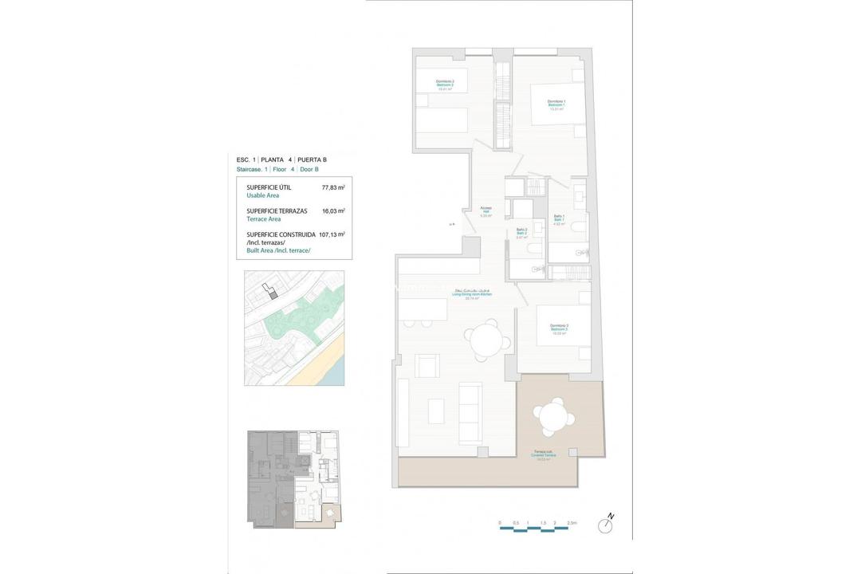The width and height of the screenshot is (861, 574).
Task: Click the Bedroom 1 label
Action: pos(556,104)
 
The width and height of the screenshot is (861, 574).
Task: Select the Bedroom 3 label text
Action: pos(557,329)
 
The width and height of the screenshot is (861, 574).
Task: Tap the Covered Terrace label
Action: pos(546,455)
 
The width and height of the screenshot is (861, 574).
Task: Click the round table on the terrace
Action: pos(551,417)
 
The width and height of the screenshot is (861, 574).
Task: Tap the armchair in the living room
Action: pos(427,367)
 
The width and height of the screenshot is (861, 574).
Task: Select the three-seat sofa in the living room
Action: pos(470,411)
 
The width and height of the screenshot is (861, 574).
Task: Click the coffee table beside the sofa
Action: pos(436,410)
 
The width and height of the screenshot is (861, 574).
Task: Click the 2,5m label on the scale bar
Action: pos(571,523)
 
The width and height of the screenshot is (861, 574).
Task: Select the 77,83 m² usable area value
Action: pos(332,188)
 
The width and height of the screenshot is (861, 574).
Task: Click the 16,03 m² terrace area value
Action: pos(332,211)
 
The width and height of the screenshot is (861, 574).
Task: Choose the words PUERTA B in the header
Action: pos(312,160)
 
